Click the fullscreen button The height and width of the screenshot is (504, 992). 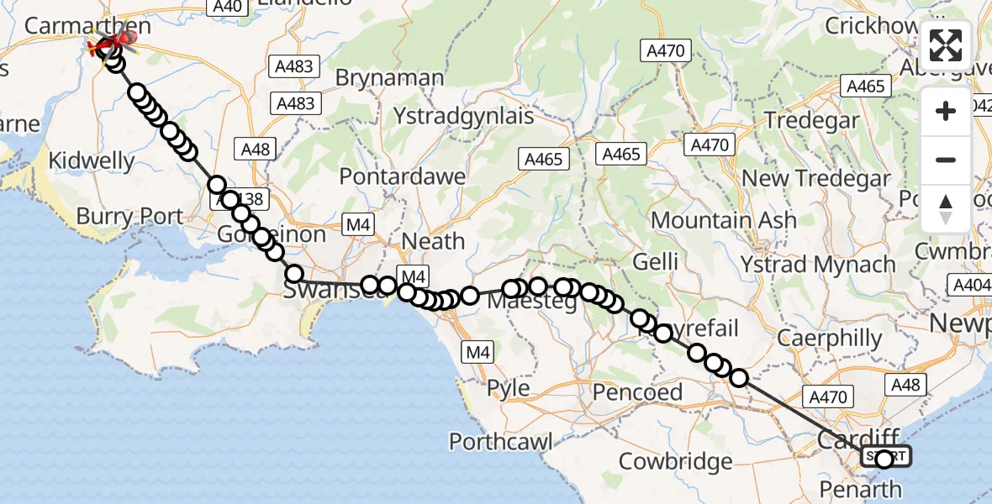tap(946, 45)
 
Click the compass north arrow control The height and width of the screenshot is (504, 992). tap(946, 209)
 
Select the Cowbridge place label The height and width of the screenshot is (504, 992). tap(676, 461)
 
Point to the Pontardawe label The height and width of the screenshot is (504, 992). tap(402, 177)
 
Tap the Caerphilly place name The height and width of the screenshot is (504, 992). tap(830, 339)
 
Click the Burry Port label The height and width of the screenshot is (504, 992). tap(129, 216)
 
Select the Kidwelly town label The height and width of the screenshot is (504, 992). tap(92, 160)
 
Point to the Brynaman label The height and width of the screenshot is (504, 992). tap(389, 78)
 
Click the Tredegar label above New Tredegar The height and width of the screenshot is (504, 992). tap(812, 120)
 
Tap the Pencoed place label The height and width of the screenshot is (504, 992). tap(637, 391)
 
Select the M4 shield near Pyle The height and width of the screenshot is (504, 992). tap(478, 353)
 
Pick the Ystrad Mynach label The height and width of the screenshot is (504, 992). tap(818, 264)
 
